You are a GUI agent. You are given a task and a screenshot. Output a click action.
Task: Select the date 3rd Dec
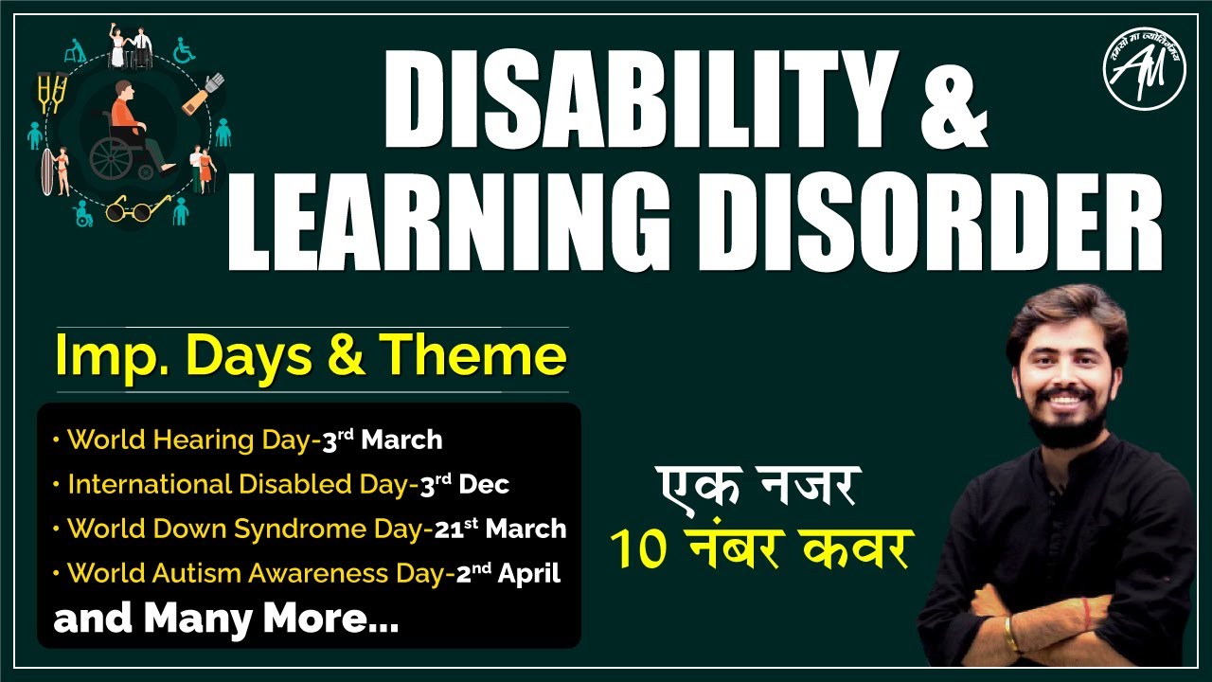coord(464,484)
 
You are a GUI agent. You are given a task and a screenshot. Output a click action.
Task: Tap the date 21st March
coord(500,529)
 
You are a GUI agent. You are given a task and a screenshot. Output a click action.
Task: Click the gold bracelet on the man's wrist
coord(1011,634)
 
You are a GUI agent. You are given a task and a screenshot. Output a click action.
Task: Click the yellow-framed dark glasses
coord(130,208)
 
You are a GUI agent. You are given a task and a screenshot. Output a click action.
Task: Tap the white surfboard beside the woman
coord(46,173)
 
